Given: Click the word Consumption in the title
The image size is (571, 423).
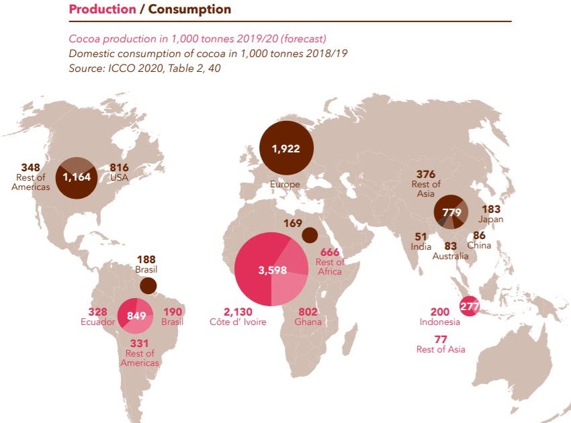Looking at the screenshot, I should click(x=189, y=9).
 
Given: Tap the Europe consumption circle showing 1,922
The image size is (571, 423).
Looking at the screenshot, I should click(x=286, y=148).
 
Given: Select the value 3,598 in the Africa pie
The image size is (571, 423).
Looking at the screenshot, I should click(x=272, y=271).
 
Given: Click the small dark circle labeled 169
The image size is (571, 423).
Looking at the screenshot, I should click(x=310, y=234).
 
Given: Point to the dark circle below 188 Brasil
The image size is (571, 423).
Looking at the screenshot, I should click(x=148, y=285).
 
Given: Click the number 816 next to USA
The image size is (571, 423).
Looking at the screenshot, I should click(x=119, y=167).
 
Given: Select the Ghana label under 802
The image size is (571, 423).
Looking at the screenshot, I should click(x=308, y=322).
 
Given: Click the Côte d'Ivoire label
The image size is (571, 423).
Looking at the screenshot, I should click(x=238, y=322).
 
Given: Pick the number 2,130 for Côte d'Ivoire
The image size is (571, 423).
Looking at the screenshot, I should click(x=238, y=312).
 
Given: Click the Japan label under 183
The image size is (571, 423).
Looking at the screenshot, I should click(x=491, y=220).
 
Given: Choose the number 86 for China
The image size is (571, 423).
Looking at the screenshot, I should click(x=479, y=236).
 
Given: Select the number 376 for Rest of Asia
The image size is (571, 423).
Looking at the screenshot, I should click(x=426, y=175).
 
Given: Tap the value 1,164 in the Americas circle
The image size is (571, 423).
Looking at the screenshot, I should click(x=76, y=177).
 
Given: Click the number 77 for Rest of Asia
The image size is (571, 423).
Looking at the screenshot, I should click(x=440, y=339).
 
